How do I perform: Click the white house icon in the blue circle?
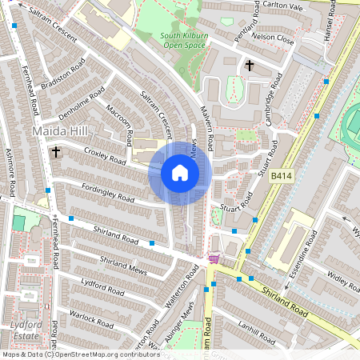[x=180, y=173]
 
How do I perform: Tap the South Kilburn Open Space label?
[x=167, y=40]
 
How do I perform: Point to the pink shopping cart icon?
[x=214, y=258]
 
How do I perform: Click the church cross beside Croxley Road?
[x=56, y=150]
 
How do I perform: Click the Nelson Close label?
[x=272, y=37]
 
